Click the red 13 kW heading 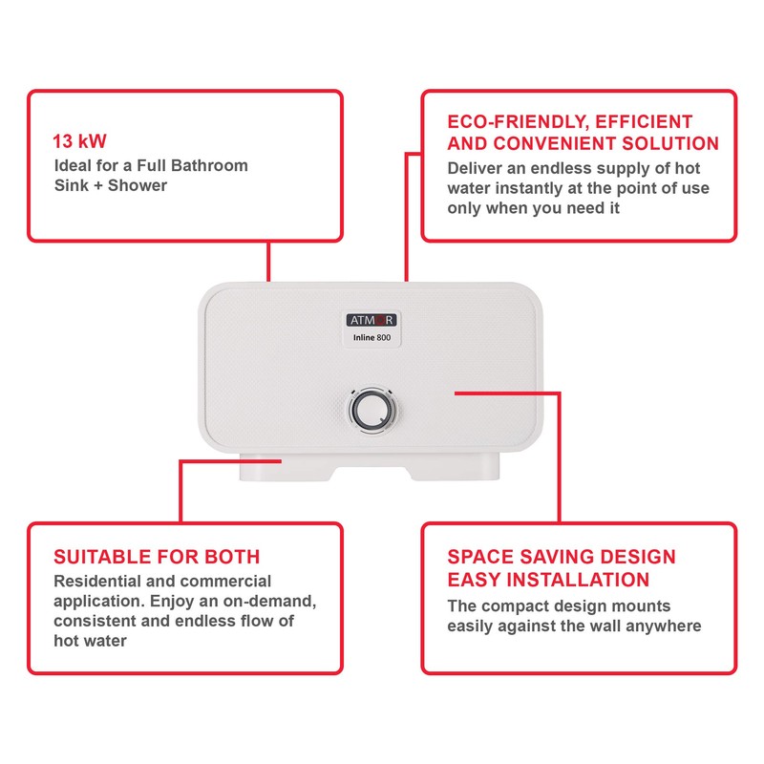pos(79,141)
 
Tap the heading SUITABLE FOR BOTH pos(157,557)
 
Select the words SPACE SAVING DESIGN pos(562,557)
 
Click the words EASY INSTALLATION pos(548,580)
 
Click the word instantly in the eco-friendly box pos(562,188)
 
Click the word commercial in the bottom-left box pos(223,581)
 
